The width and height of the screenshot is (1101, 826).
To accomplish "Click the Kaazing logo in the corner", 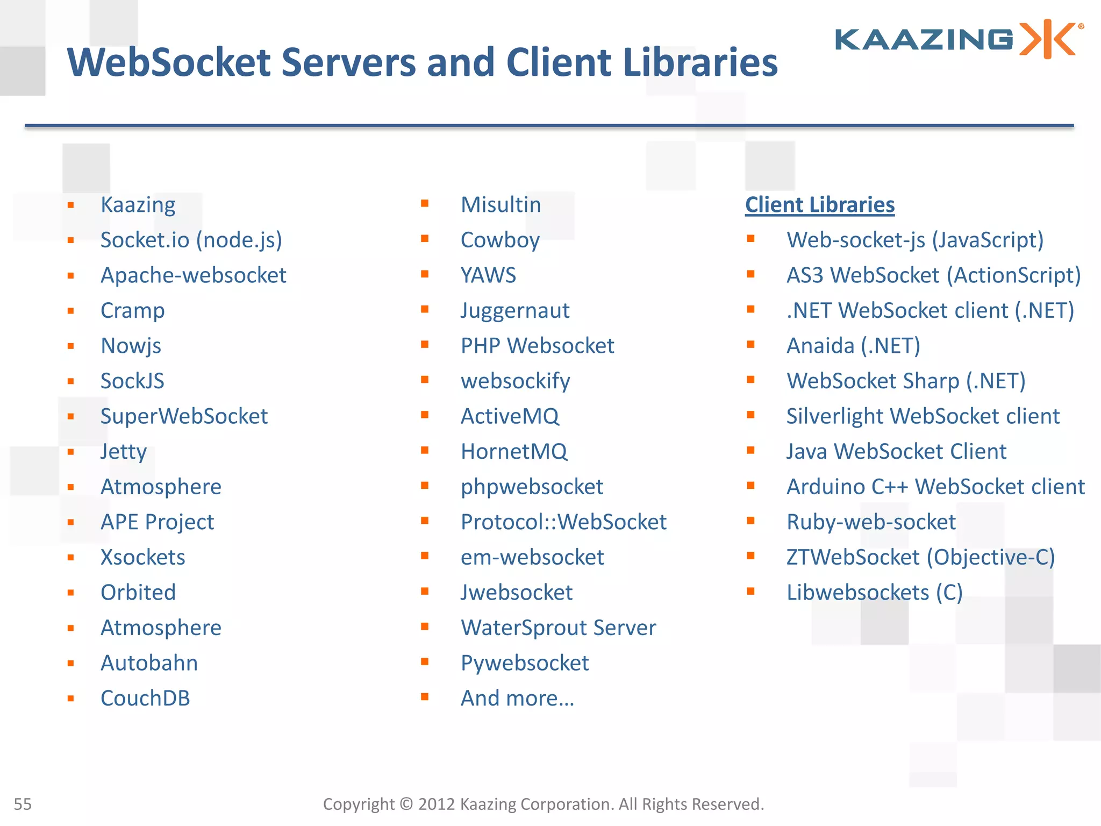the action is [x=958, y=39].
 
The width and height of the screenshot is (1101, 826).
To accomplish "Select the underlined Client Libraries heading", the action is [x=819, y=205].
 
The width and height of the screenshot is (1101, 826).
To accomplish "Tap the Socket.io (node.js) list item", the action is [x=191, y=240].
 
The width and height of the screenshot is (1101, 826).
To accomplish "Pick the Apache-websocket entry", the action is [x=193, y=275].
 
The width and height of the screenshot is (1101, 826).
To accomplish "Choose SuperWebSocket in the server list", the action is [x=184, y=416].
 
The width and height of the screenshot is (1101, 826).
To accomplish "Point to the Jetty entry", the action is [x=123, y=452].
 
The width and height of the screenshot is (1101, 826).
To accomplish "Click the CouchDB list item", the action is [x=145, y=698].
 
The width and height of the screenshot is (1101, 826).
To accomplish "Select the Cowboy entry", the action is [x=500, y=240].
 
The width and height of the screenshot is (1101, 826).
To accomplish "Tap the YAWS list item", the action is [x=488, y=275].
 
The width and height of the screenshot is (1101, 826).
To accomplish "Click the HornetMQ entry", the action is [x=513, y=452].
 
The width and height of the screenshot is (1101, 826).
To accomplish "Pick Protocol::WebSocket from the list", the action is [x=563, y=522].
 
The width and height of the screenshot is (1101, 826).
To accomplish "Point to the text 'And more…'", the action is [x=517, y=698].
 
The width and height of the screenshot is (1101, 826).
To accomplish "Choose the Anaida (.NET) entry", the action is [x=853, y=346].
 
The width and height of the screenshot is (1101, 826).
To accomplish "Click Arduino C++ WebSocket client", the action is [x=935, y=487].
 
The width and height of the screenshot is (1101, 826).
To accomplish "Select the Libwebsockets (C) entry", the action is [x=874, y=593].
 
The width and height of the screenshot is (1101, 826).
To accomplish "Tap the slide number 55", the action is [x=23, y=804].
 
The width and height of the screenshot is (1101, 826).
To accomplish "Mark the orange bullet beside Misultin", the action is [x=425, y=203].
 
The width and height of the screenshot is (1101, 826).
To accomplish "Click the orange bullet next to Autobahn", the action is [x=70, y=664].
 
